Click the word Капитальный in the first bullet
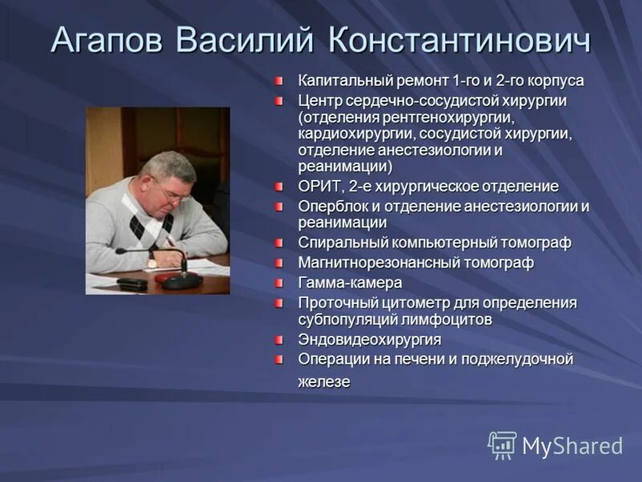tap(339, 81)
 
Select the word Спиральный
tap(342, 243)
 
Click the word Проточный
tap(335, 303)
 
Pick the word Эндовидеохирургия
tap(369, 339)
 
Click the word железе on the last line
tap(324, 382)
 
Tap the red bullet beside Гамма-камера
tap(278, 283)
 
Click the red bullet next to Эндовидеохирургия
tap(278, 339)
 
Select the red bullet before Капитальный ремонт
tap(278, 81)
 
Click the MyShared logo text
tap(572, 446)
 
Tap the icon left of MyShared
tap(502, 445)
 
